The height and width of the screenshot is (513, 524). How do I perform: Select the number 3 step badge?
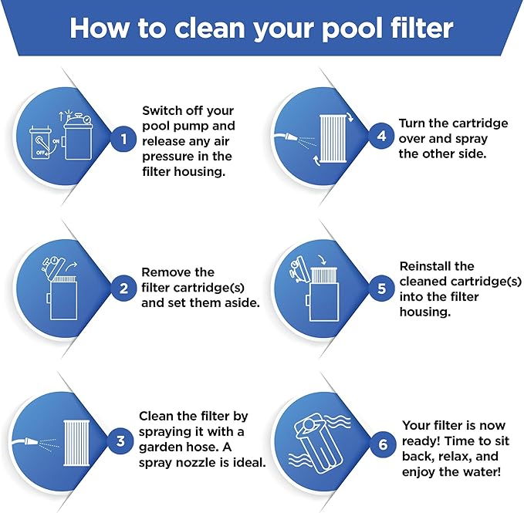pyautogui.click(x=120, y=441)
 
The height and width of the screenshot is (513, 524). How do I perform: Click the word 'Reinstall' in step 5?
pyautogui.click(x=426, y=266)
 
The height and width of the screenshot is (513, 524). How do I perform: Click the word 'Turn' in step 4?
pyautogui.click(x=414, y=123)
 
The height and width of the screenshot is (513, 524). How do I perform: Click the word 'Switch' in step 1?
pyautogui.click(x=163, y=110)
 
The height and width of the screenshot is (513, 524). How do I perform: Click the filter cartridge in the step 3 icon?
pyautogui.click(x=75, y=441)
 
